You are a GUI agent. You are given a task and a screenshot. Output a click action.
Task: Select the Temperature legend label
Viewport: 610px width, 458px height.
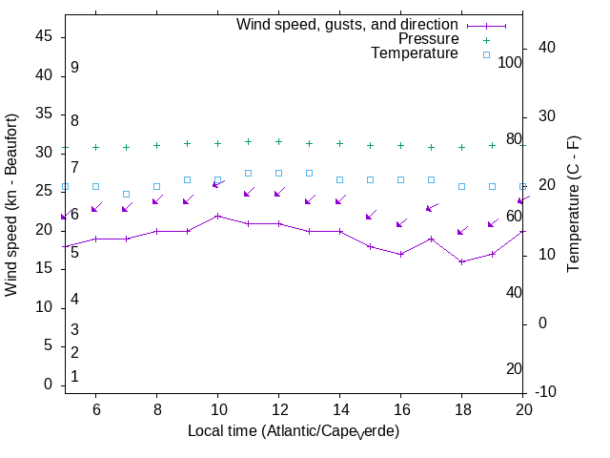tap(415, 53)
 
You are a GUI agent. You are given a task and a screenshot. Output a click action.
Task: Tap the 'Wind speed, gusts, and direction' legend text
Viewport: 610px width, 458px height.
tap(348, 25)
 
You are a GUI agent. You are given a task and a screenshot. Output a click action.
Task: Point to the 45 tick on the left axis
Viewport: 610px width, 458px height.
tap(43, 36)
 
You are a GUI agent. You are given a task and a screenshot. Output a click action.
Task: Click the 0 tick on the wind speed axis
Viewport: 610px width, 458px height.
tap(48, 385)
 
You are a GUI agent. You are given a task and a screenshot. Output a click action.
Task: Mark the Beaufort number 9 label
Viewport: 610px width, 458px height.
tap(74, 68)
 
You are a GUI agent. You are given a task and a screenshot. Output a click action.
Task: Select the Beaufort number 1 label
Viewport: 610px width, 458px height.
tap(74, 377)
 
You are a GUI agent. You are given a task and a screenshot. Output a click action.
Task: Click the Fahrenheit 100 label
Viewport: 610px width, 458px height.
tap(510, 62)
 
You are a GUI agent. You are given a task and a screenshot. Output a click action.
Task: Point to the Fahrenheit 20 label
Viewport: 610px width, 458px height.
tap(514, 368)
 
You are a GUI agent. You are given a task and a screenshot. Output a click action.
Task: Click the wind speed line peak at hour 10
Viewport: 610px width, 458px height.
tap(217, 216)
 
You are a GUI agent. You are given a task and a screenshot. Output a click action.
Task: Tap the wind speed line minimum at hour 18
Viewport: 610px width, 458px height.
tap(461, 261)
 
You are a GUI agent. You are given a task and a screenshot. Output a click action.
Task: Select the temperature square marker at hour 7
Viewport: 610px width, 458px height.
tap(126, 194)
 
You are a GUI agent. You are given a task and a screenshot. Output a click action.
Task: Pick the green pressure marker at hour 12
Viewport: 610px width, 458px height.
tap(278, 141)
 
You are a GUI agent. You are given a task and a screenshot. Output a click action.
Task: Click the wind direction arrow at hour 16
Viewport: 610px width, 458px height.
tap(400, 223)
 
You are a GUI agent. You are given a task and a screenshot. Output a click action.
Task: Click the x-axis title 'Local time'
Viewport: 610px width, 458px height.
tap(293, 431)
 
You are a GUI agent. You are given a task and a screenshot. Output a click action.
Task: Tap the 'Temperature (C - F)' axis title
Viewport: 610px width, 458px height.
tap(574, 202)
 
